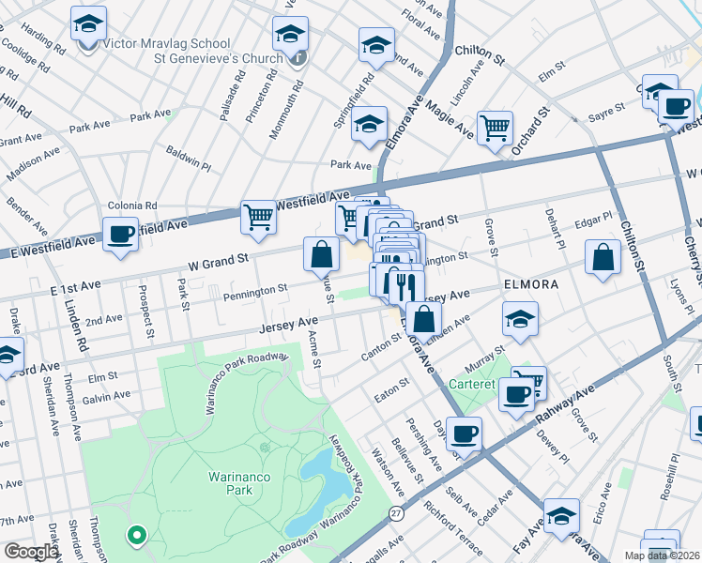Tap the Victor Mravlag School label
point(167,43)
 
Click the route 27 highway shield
point(397,514)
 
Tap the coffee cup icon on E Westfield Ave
point(120,235)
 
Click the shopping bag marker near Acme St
point(321,253)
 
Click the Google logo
point(30,552)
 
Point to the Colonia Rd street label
point(131,205)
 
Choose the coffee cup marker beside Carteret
point(515,394)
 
